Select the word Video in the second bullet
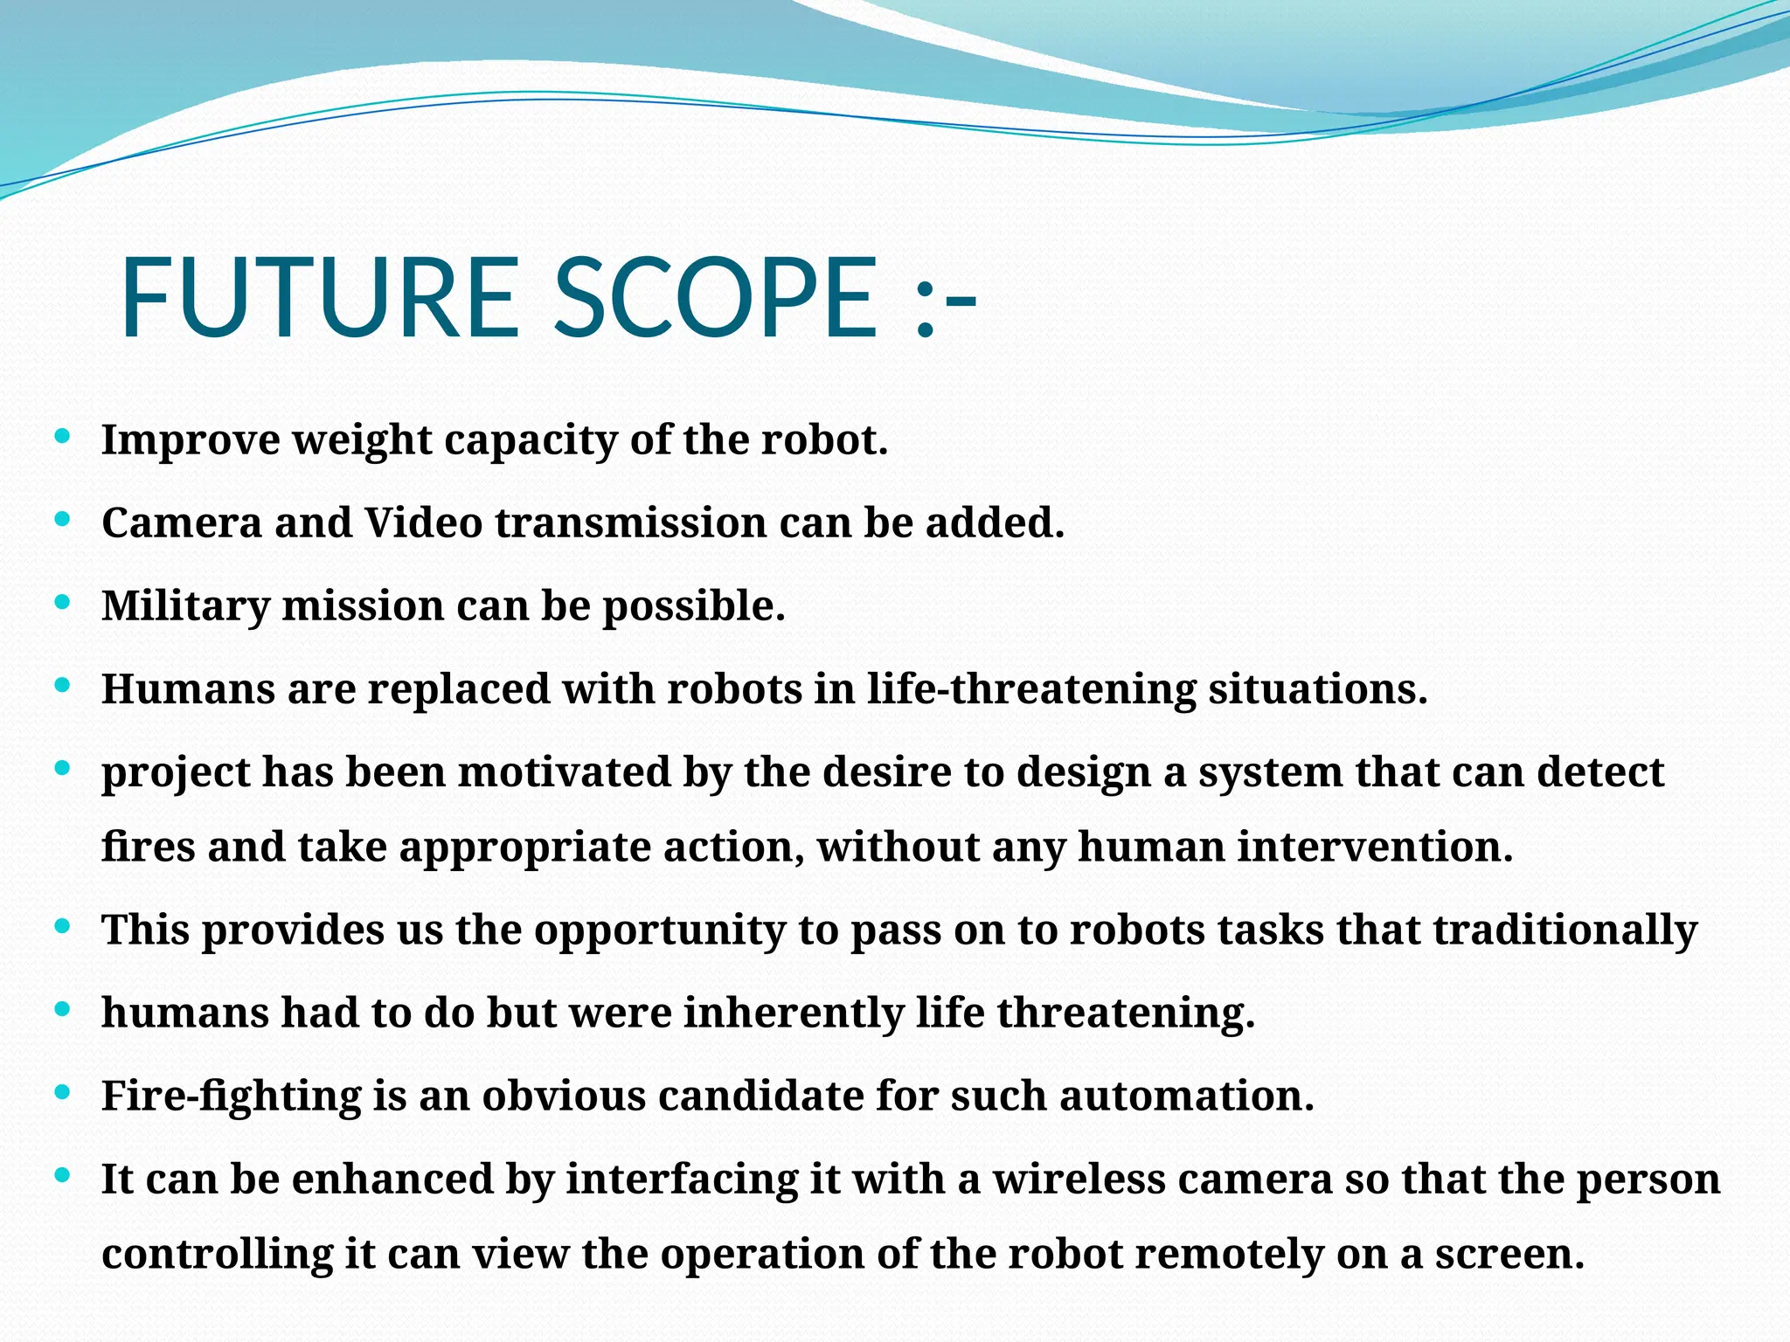(x=423, y=523)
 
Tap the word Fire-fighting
(x=232, y=1096)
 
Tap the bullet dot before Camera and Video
(x=62, y=519)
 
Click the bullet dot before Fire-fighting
(x=62, y=1092)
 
